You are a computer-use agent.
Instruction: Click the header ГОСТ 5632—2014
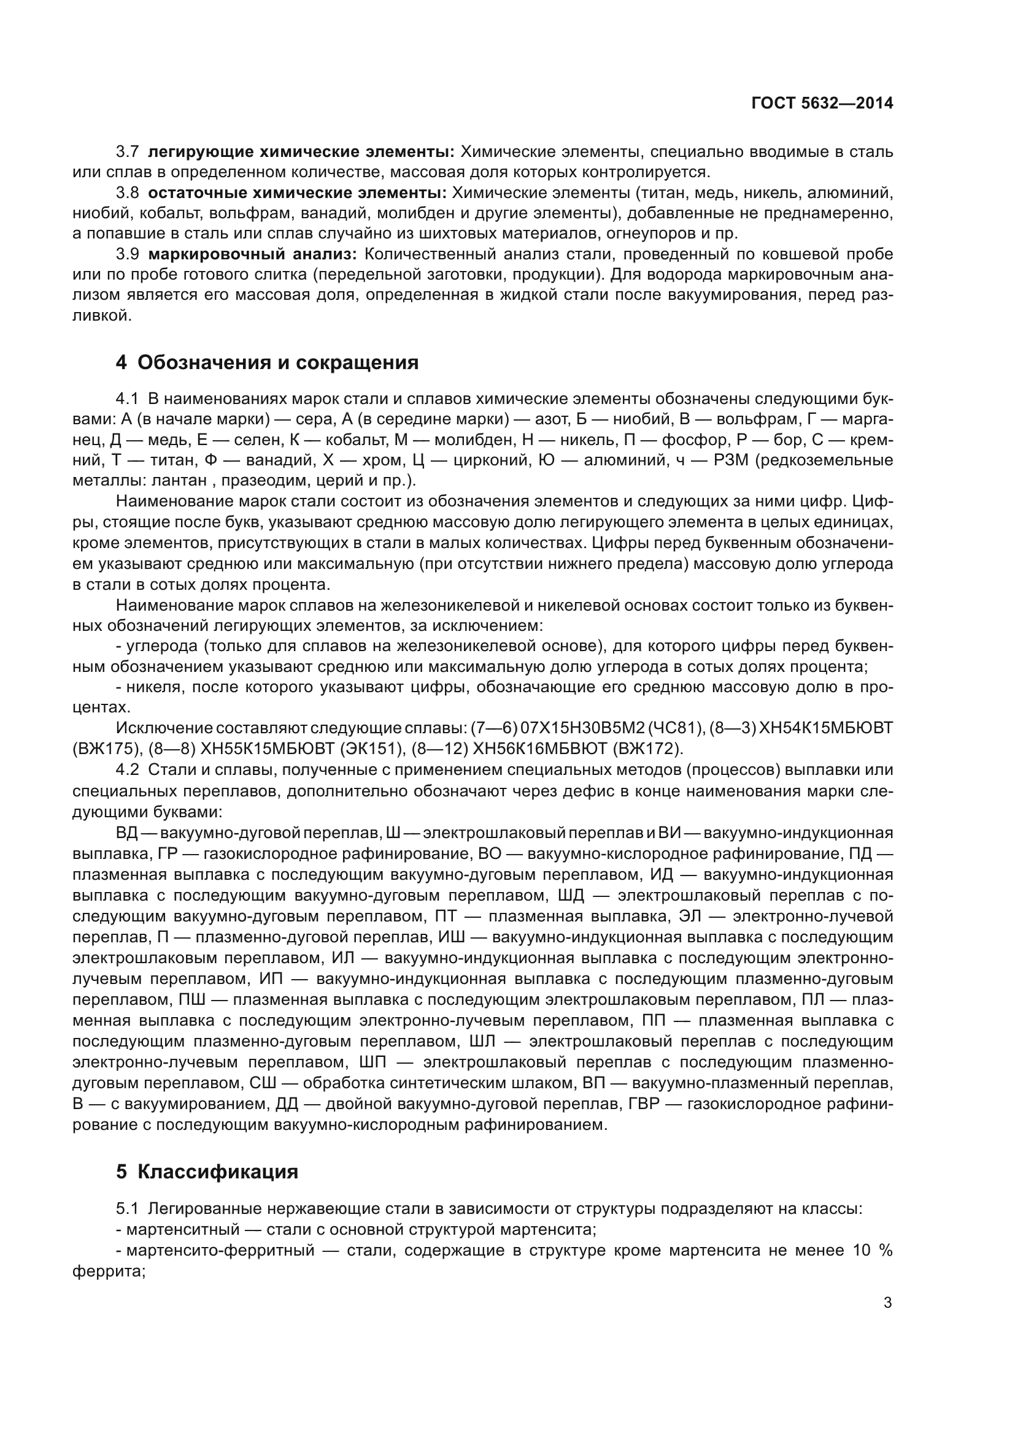[822, 103]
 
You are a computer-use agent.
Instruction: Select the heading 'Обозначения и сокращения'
[277, 362]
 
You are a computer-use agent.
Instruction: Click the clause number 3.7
[128, 151]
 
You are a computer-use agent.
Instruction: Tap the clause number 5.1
[128, 1209]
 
